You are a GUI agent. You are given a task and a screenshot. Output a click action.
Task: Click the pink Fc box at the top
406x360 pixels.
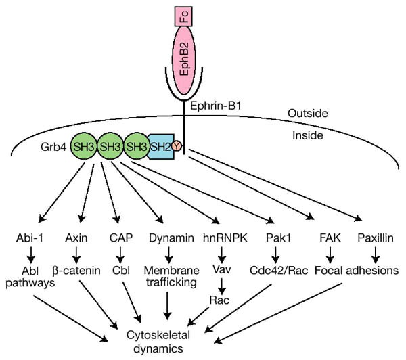coord(183,14)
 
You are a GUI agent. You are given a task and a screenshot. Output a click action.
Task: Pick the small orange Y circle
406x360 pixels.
coord(177,145)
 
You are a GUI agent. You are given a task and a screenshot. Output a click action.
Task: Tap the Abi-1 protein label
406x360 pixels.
coord(32,238)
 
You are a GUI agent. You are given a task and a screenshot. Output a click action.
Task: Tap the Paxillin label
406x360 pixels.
coord(370,238)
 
